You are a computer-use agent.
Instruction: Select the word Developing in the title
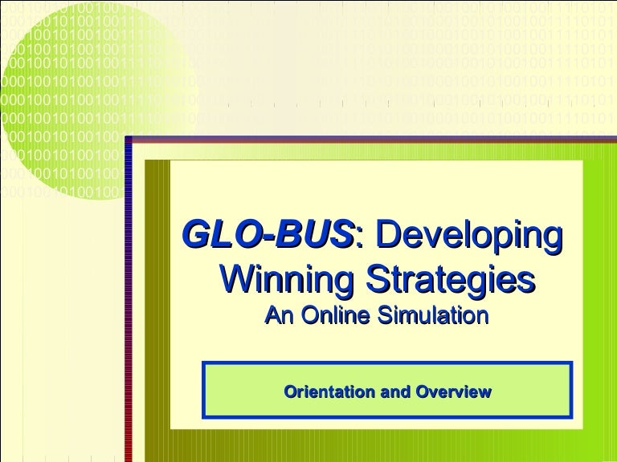(468, 236)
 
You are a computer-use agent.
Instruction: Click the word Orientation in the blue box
(325, 392)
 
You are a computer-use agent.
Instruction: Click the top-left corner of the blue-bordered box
(204, 363)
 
